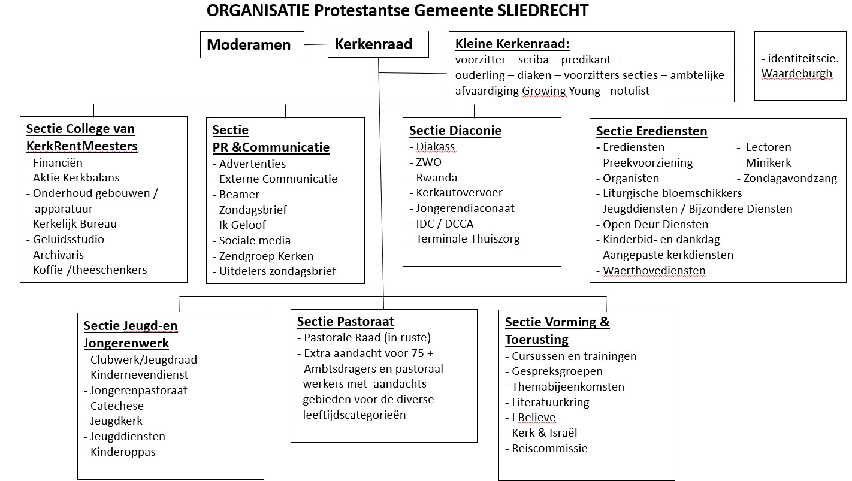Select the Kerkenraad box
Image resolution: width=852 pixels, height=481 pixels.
[x=377, y=44]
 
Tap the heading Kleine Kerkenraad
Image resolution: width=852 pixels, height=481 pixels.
[x=512, y=44]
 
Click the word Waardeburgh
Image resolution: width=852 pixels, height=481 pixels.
[x=797, y=74]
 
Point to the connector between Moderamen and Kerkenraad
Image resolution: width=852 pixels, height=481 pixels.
[x=316, y=44]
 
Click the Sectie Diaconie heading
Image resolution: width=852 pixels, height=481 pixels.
[x=455, y=131]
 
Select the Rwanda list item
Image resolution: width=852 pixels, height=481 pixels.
[x=436, y=178]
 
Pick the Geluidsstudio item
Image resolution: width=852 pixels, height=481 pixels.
[x=68, y=240]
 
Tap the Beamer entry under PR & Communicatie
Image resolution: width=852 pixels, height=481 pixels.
[x=239, y=195]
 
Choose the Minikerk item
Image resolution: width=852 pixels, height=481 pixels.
[x=768, y=163]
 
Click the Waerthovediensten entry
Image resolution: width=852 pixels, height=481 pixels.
[x=654, y=271]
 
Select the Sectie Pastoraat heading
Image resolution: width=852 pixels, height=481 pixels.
[x=345, y=322]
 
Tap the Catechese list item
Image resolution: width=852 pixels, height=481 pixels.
[x=117, y=406]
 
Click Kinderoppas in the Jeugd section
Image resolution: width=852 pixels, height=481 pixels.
[x=123, y=452]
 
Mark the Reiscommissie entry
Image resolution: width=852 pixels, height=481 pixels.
[x=549, y=449]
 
